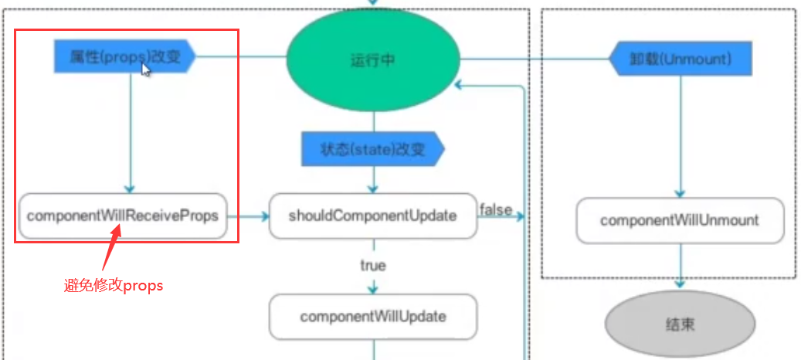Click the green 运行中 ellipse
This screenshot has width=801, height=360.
coord(373,59)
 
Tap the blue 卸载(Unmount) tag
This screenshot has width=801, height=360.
coord(681,59)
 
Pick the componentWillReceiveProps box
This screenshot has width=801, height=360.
coord(123,216)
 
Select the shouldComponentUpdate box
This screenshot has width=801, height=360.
coord(372,216)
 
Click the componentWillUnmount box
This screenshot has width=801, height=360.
coord(680,220)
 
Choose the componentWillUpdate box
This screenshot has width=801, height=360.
coord(372,317)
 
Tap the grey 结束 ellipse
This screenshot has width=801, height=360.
coord(680,324)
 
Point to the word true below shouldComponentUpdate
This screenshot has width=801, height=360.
coord(372,266)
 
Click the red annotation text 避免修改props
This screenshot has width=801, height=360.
coord(114,285)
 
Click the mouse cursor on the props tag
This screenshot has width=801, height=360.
coord(145,70)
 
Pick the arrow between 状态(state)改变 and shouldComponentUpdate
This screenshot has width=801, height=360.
coord(373,180)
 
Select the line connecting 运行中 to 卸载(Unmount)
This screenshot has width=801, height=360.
coord(534,58)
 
